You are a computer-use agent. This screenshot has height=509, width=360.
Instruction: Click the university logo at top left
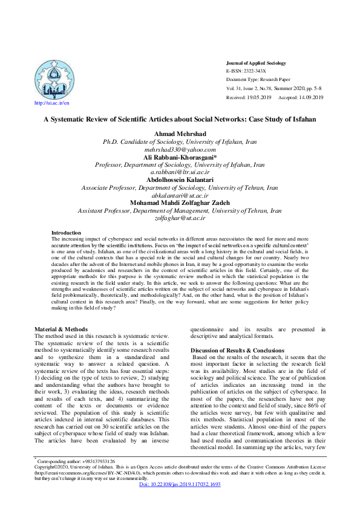[56, 79]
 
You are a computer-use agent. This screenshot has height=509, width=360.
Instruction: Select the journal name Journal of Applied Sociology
[255, 63]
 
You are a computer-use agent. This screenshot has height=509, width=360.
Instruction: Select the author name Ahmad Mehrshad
[180, 134]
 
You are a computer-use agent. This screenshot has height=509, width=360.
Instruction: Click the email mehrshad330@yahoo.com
[180, 149]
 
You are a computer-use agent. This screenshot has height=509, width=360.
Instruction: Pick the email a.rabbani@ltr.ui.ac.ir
[180, 172]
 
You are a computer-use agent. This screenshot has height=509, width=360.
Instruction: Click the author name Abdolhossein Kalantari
[180, 180]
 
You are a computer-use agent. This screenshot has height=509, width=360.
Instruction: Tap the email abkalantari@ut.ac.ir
[180, 195]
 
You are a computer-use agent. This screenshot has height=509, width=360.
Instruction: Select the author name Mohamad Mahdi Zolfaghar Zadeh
[180, 203]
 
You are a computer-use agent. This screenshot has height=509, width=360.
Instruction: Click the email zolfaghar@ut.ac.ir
[180, 218]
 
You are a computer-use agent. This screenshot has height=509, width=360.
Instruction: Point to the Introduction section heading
[66, 233]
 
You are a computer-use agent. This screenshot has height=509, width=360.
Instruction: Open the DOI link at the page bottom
[179, 502]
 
